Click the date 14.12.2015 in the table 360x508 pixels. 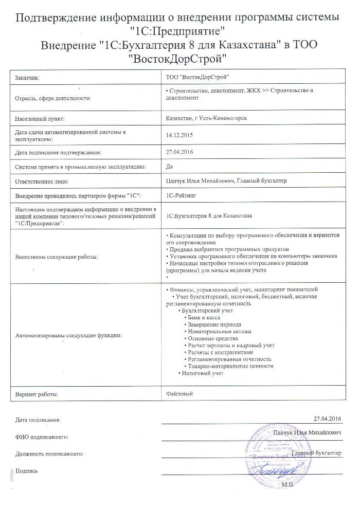pos(178,135)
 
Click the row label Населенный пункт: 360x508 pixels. pos(40,118)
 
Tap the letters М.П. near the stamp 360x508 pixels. pos(286,483)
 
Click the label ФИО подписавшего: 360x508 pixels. pos(42,437)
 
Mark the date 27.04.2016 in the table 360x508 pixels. pos(178,152)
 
